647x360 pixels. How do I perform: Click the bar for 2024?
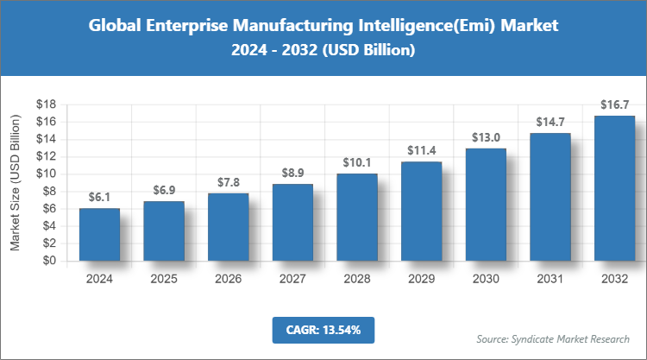pyautogui.click(x=99, y=234)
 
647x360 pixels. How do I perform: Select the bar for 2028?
pyautogui.click(x=356, y=217)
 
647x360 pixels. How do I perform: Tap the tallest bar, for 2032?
pyautogui.click(x=613, y=188)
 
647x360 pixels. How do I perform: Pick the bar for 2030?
pyautogui.click(x=485, y=205)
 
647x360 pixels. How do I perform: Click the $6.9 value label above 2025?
pyautogui.click(x=164, y=190)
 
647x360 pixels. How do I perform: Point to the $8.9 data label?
pyautogui.click(x=292, y=173)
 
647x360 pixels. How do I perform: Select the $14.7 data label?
pyautogui.click(x=550, y=122)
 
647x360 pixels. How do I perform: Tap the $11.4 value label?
pyautogui.click(x=421, y=151)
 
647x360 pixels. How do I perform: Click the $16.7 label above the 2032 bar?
pyautogui.click(x=613, y=104)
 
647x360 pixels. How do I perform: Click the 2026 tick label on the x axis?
pyautogui.click(x=228, y=278)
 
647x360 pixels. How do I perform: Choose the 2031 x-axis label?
pyautogui.click(x=550, y=278)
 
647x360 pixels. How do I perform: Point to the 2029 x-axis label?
pyautogui.click(x=421, y=278)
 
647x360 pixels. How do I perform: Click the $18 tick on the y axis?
pyautogui.click(x=46, y=104)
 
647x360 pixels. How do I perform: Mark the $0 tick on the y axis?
pyautogui.click(x=49, y=261)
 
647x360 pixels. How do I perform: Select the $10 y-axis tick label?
pyautogui.click(x=46, y=174)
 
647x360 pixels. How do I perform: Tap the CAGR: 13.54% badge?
pyautogui.click(x=323, y=330)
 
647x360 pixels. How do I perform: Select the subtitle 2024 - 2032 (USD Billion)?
pyautogui.click(x=323, y=51)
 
